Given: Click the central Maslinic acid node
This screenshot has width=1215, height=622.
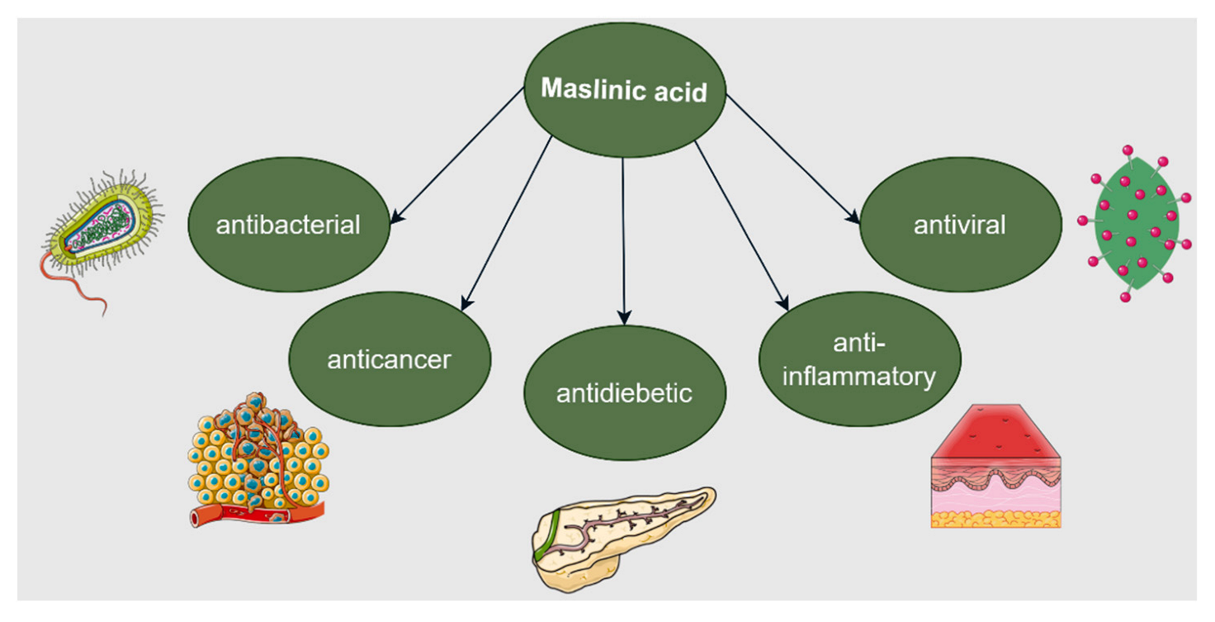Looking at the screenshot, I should coord(625,89).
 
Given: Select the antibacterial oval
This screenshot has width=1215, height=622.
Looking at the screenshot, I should coord(288,224).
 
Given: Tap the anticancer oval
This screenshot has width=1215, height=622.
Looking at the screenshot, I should coord(389,359).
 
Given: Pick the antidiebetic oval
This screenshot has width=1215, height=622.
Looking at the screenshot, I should coord(624,393).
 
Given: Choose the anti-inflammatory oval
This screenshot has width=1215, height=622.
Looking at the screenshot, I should coord(859,359).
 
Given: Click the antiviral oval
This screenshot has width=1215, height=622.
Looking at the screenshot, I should coord(960,224).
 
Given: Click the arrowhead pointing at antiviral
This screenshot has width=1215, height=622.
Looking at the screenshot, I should coord(855,219).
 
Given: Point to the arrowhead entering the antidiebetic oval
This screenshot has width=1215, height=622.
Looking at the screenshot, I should coord(624,318).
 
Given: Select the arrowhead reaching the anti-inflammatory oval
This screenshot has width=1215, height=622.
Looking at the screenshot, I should coord(782,305).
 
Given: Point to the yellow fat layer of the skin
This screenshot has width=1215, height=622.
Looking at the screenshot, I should coord(995,519).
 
